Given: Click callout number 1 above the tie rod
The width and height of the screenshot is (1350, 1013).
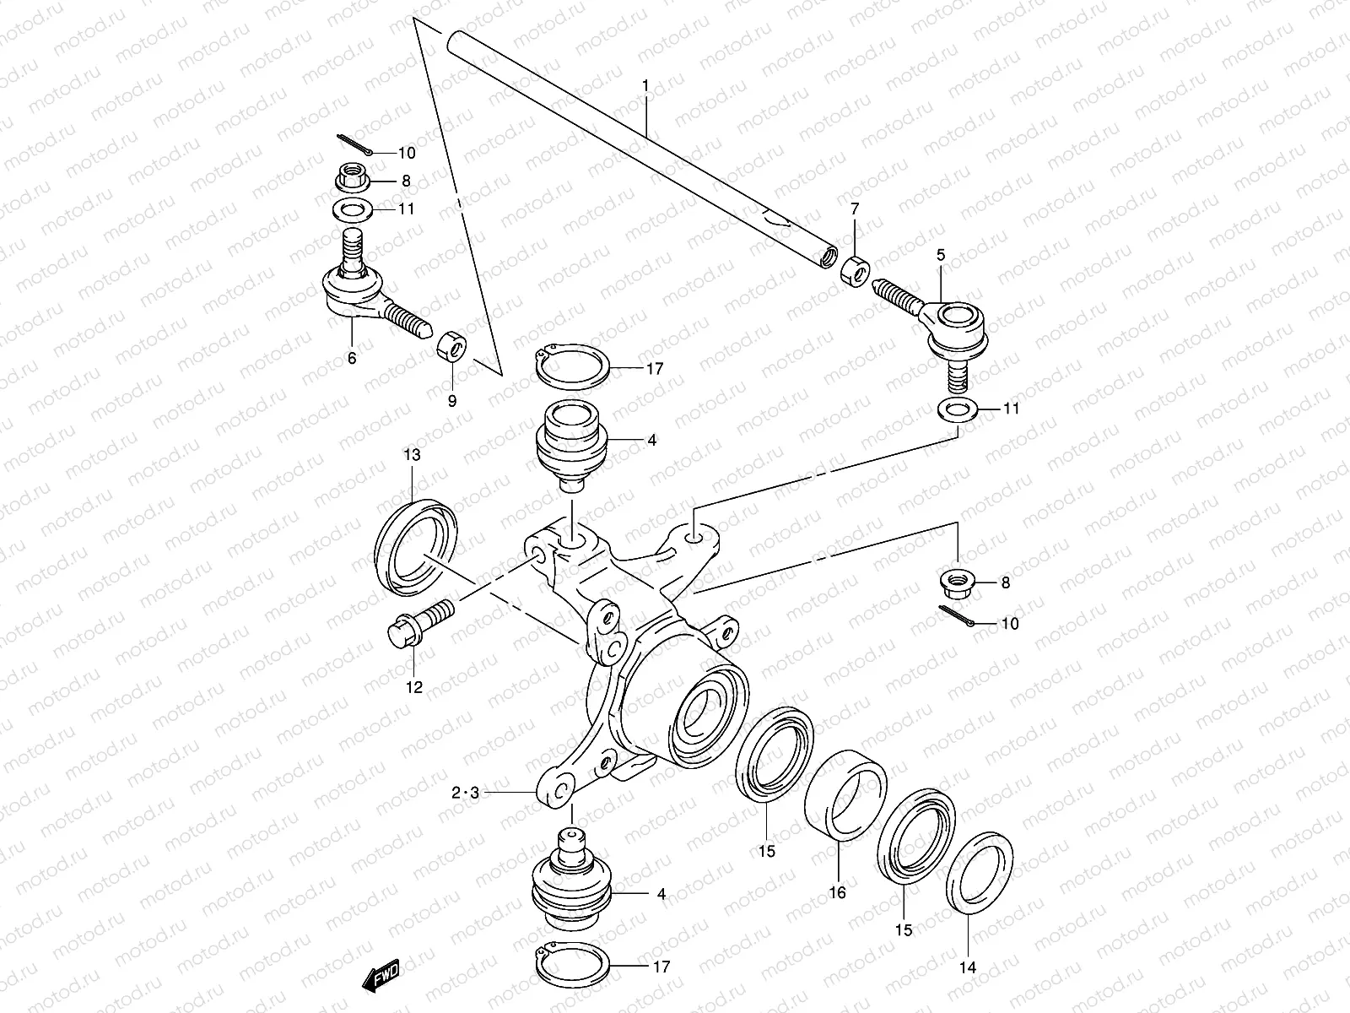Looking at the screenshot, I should [645, 86].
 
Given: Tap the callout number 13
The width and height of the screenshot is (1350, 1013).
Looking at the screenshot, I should [411, 455].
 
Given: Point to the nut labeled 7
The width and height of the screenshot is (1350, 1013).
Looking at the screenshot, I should [854, 271].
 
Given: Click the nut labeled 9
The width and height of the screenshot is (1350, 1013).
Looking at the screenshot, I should [450, 345].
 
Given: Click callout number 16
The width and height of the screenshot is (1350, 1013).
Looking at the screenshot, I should [837, 892].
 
